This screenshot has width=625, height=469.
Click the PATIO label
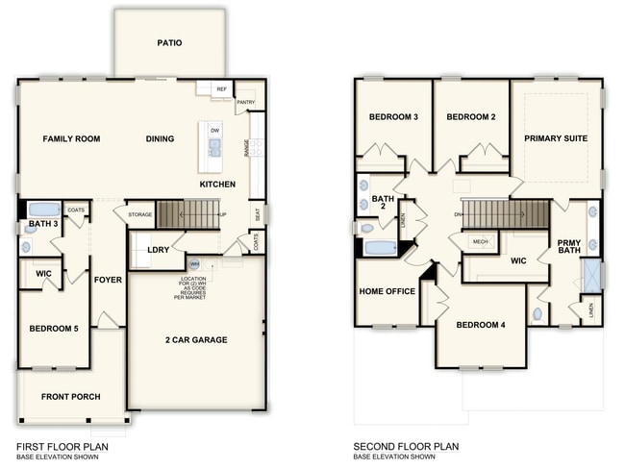[170, 43]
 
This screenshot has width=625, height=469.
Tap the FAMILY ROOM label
[71, 139]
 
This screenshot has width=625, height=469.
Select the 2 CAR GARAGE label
[196, 340]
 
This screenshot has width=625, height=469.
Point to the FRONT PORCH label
[69, 396]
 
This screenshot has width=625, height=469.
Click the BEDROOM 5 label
[55, 330]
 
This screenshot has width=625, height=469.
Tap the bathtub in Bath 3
[42, 210]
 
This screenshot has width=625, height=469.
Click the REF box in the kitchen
[221, 88]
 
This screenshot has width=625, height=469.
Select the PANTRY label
[245, 101]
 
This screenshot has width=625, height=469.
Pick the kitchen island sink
[214, 147]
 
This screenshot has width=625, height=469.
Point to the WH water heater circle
[194, 263]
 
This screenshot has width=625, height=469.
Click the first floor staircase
[187, 213]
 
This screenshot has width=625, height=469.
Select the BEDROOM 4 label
[481, 325]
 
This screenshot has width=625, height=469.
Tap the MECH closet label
[480, 241]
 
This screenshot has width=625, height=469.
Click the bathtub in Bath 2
[380, 248]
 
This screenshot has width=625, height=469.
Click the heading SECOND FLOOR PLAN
[406, 446]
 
